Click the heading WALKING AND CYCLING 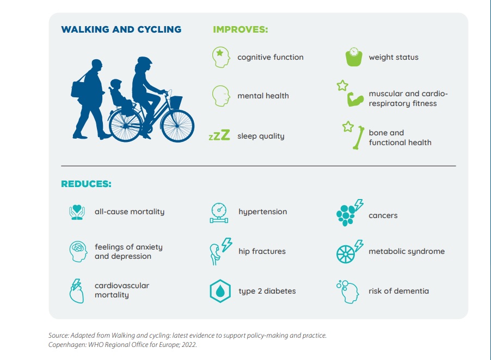[x=121, y=29]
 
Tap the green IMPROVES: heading [x=241, y=29]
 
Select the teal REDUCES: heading [x=86, y=184]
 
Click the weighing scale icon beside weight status [x=354, y=57]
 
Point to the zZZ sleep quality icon [x=219, y=135]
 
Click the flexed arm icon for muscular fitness [x=355, y=100]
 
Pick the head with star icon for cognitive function [x=221, y=57]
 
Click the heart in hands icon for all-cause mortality [x=77, y=212]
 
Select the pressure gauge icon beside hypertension [x=219, y=213]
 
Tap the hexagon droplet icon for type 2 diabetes [x=220, y=291]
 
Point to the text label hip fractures [x=262, y=251]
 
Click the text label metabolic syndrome [x=407, y=251]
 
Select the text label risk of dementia [x=398, y=291]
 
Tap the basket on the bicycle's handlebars [x=176, y=102]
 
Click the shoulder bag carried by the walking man [x=77, y=89]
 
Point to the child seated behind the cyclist [x=120, y=95]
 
